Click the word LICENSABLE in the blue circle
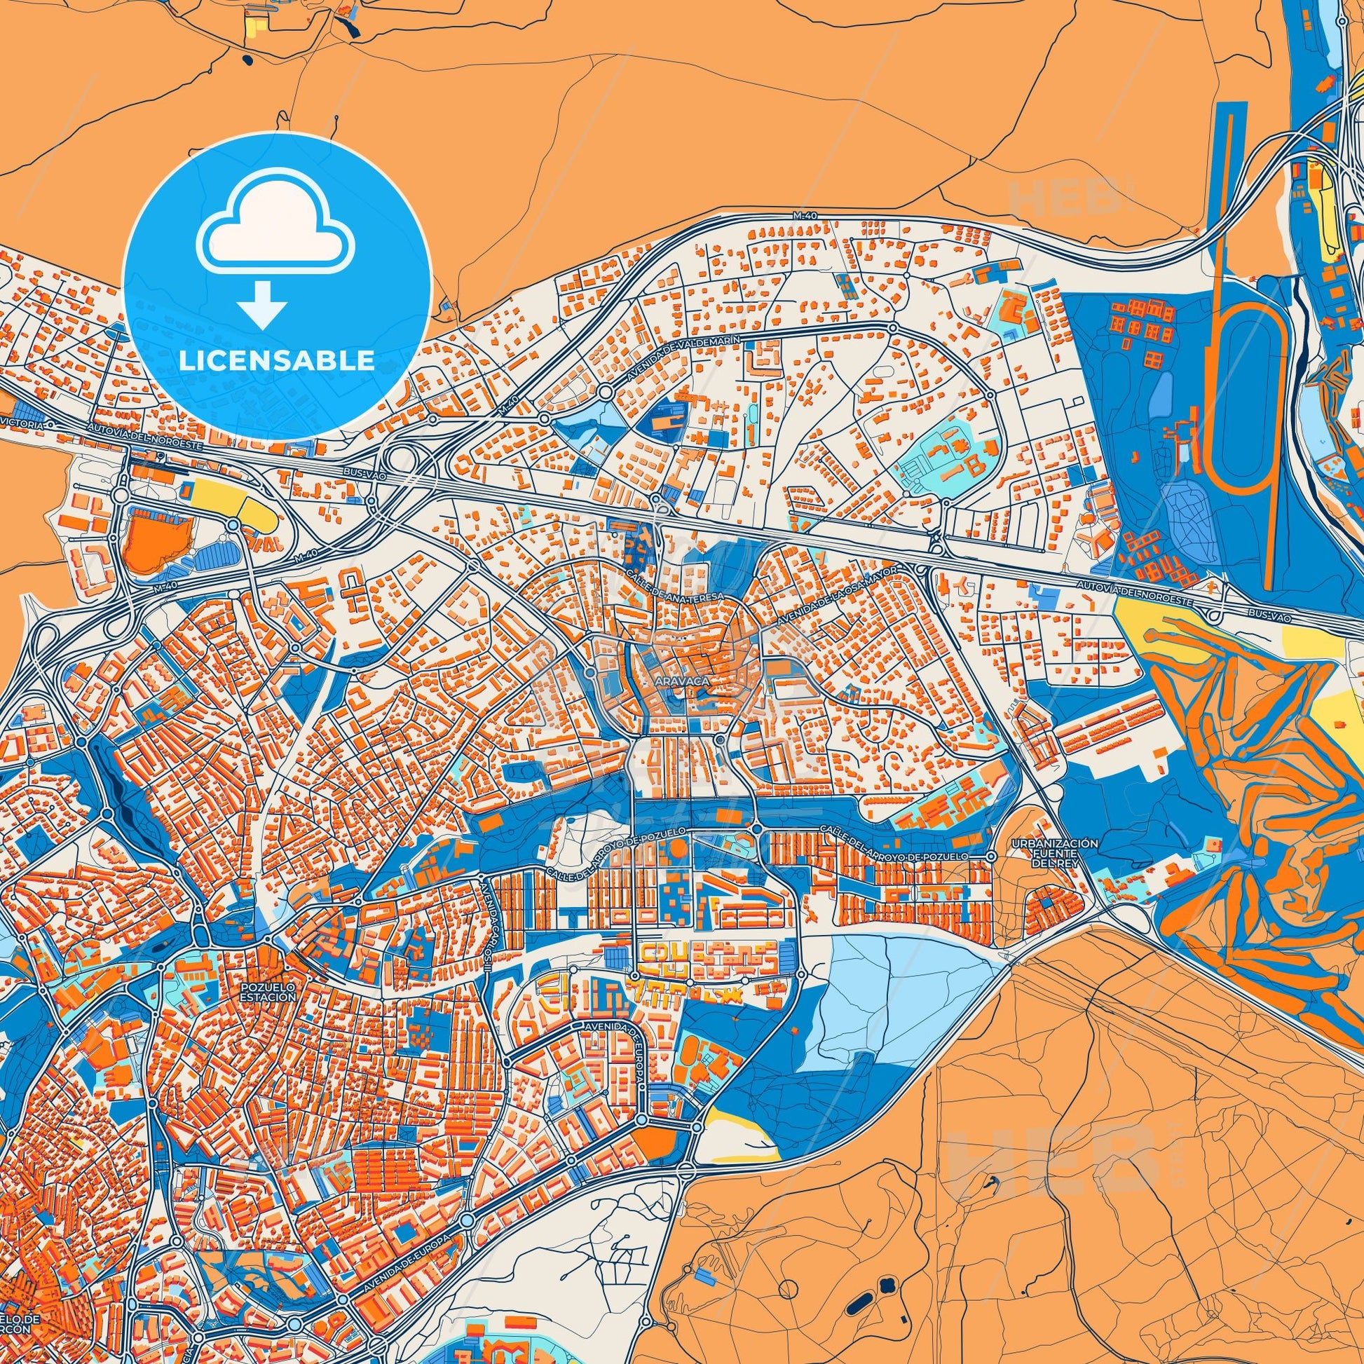point(277,361)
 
